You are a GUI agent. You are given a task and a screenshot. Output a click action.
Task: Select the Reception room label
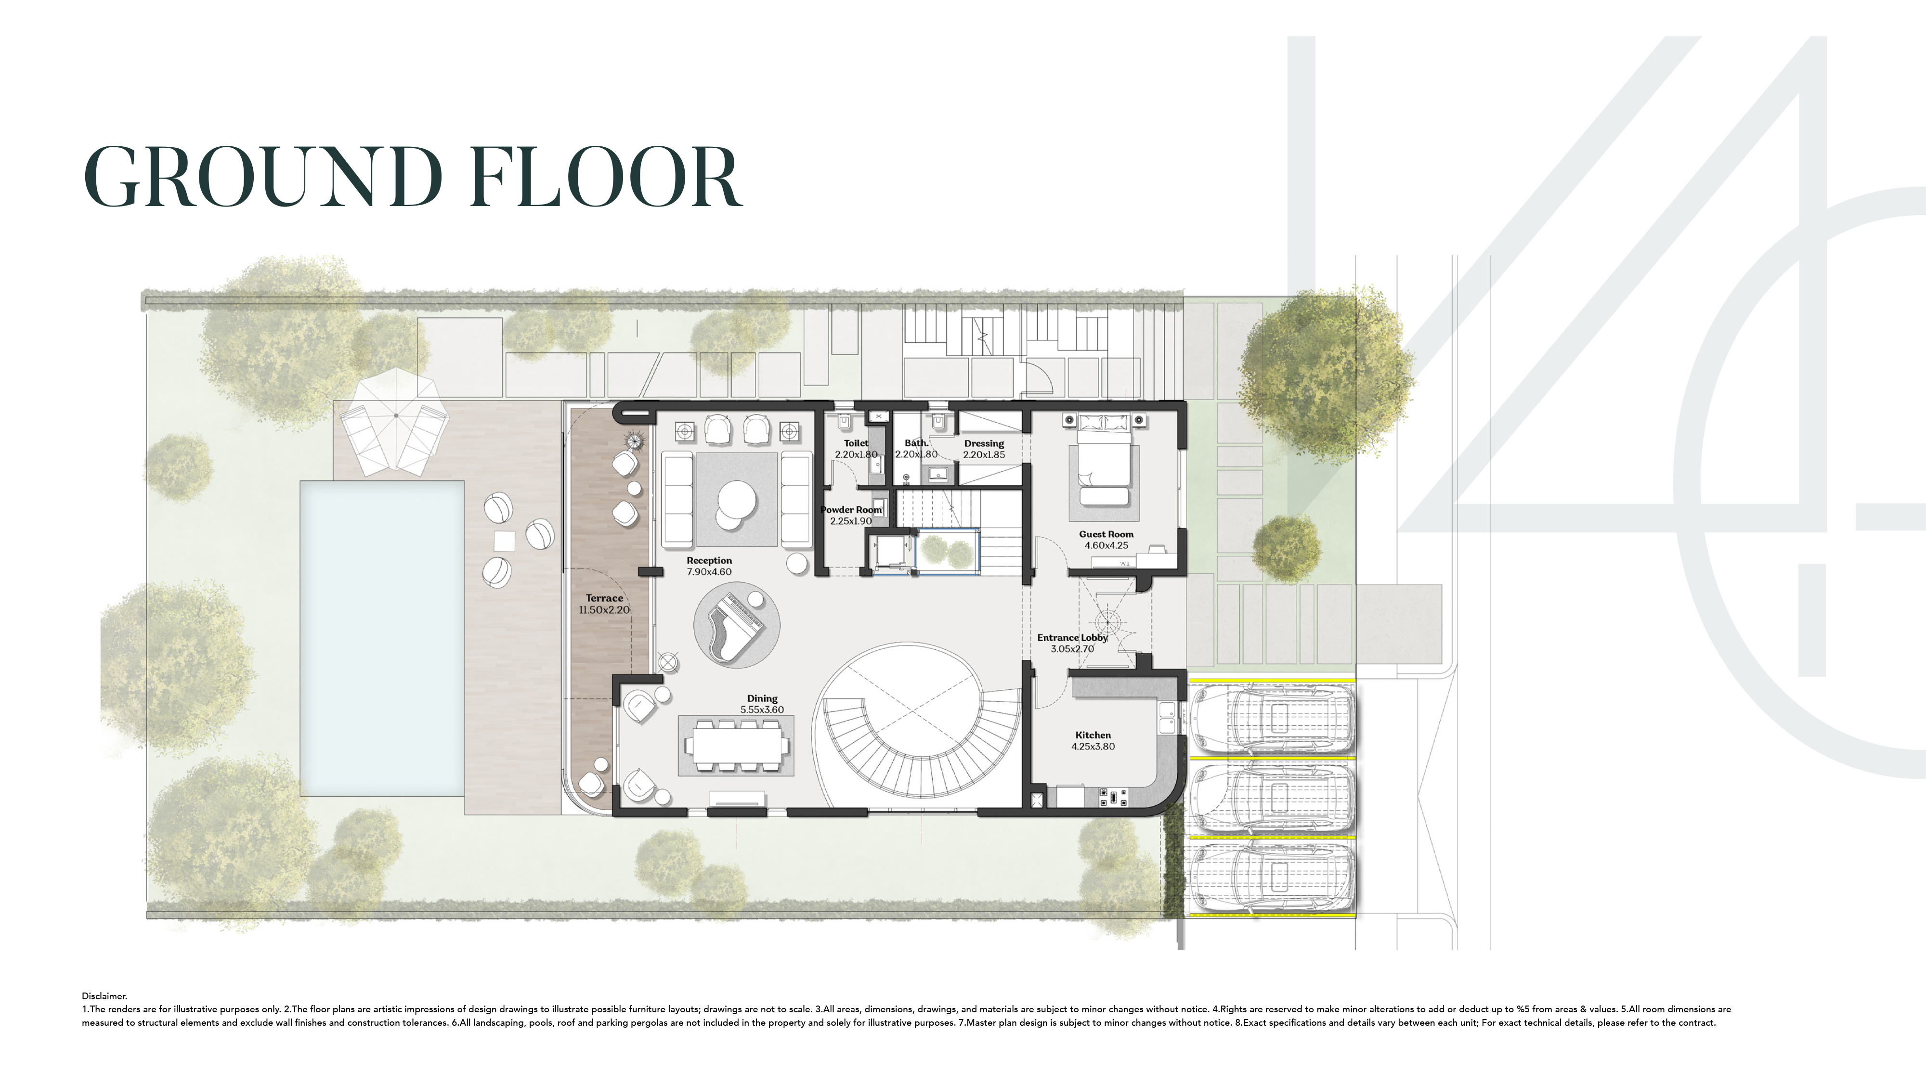(x=709, y=560)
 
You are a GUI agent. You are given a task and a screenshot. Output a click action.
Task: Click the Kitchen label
(x=1093, y=735)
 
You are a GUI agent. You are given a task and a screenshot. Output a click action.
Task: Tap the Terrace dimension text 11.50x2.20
(x=604, y=610)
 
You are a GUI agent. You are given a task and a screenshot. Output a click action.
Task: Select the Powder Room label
(x=851, y=510)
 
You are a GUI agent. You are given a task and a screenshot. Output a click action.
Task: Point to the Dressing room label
(x=983, y=443)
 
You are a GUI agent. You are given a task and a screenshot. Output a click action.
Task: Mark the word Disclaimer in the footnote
(x=104, y=996)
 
